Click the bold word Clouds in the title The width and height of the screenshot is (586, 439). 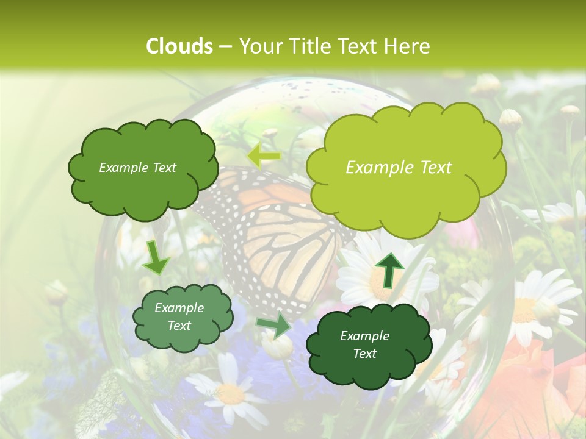click(x=179, y=46)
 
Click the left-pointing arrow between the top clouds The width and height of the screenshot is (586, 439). click(x=263, y=157)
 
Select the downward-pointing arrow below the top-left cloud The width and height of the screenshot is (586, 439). click(x=156, y=257)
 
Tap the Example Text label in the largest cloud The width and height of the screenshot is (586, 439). click(x=399, y=168)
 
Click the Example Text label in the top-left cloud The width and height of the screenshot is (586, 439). click(x=137, y=168)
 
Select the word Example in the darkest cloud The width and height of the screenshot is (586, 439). click(x=364, y=336)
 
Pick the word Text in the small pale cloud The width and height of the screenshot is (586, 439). click(x=179, y=326)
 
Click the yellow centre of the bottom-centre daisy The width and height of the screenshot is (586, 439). click(x=230, y=393)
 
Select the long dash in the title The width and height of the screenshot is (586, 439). click(x=225, y=47)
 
